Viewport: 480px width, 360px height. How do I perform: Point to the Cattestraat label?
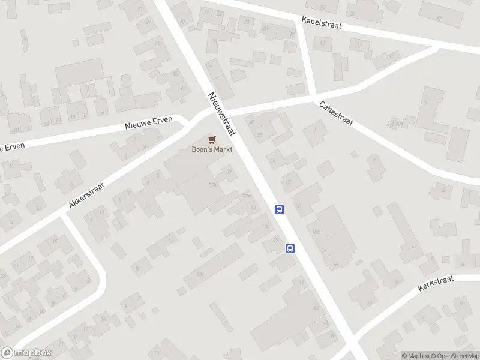[336, 113]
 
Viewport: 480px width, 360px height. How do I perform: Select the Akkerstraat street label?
[86, 195]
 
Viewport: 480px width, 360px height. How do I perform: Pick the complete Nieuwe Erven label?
[148, 123]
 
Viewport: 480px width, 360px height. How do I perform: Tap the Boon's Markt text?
[211, 149]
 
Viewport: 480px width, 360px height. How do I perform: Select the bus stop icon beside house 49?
[290, 249]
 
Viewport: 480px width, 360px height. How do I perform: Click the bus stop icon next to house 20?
[279, 209]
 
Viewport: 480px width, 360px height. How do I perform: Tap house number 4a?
[413, 247]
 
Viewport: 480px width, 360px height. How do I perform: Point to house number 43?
[316, 308]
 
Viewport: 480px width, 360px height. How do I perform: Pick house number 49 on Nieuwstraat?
[276, 239]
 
